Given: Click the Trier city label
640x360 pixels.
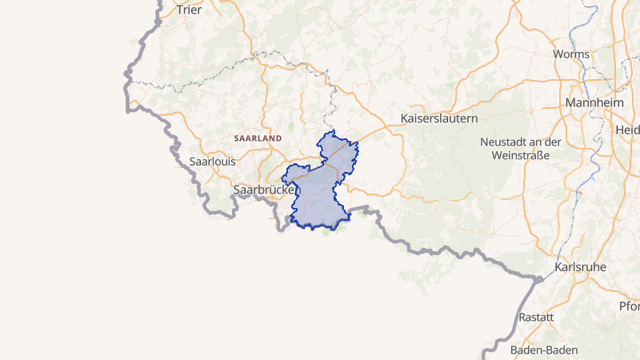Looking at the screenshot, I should (189, 10).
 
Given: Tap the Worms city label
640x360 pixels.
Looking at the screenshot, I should (572, 55).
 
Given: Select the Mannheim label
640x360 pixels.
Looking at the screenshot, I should (594, 104).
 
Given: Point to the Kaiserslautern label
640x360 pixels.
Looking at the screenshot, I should (439, 118).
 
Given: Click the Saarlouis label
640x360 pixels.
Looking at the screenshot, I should (212, 161).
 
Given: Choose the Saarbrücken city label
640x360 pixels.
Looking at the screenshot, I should (266, 190).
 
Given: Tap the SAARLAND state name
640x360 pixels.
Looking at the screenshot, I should (258, 138).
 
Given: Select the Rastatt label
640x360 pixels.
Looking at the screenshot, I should (536, 317).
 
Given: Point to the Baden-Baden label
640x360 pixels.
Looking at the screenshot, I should (545, 350).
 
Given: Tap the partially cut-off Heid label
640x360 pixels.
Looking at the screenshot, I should (628, 130).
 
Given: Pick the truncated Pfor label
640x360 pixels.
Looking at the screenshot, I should (629, 306).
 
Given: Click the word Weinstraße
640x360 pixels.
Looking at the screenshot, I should (521, 155).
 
